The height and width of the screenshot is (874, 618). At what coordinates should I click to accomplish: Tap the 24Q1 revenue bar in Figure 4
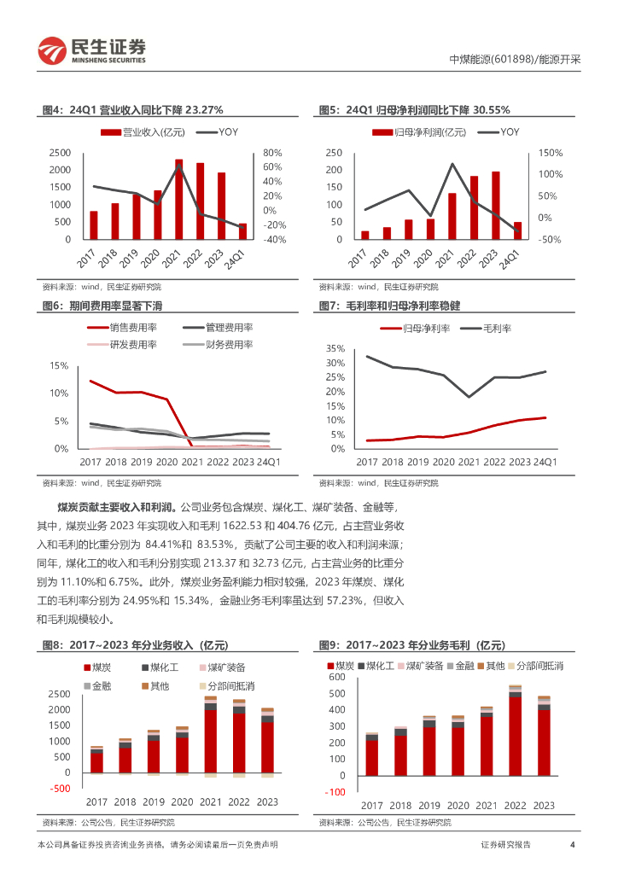tap(242, 231)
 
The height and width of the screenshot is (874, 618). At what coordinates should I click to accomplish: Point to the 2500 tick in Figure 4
tap(60, 153)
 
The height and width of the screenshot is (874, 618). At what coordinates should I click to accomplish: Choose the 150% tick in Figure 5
tap(550, 153)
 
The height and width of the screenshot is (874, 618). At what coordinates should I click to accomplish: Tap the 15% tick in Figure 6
tap(59, 366)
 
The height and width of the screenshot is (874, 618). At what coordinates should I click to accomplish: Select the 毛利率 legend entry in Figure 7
tap(484, 328)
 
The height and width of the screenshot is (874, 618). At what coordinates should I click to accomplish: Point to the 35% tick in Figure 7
tap(335, 349)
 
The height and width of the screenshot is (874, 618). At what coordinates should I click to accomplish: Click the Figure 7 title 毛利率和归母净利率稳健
tap(401, 306)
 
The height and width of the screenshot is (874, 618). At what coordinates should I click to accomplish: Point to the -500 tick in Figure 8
tap(59, 788)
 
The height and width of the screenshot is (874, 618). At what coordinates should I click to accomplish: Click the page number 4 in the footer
tap(572, 845)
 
